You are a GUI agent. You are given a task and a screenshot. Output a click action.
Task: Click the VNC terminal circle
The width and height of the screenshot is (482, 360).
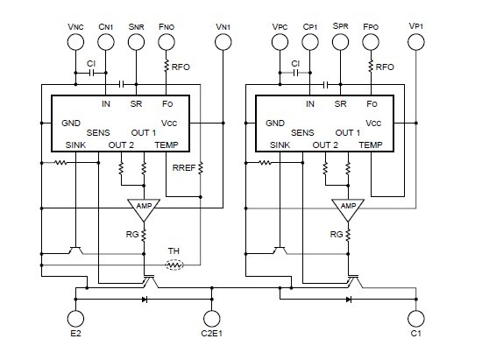pos(75,46)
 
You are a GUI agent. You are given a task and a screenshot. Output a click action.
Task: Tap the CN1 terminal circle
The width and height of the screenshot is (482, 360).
pos(106,46)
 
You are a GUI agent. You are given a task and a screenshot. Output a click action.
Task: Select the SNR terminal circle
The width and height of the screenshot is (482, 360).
pos(137,46)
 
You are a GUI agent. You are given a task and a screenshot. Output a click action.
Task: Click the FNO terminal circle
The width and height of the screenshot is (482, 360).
pos(167,46)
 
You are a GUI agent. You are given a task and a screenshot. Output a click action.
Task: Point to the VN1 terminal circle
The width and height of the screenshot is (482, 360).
pos(223,46)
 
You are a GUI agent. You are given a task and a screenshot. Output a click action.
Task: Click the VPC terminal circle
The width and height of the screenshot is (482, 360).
pos(280,46)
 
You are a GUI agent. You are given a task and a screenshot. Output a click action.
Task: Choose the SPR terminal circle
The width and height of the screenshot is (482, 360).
pos(340,46)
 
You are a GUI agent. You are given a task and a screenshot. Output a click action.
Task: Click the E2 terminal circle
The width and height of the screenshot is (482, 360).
pos(75,319)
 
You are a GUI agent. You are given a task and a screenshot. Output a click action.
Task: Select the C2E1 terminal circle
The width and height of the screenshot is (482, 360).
pos(210,319)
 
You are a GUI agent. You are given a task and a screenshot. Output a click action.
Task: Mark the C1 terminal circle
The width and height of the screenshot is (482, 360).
pos(415,319)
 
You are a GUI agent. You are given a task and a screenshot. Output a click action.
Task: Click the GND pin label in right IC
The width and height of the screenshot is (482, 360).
pos(277,124)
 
